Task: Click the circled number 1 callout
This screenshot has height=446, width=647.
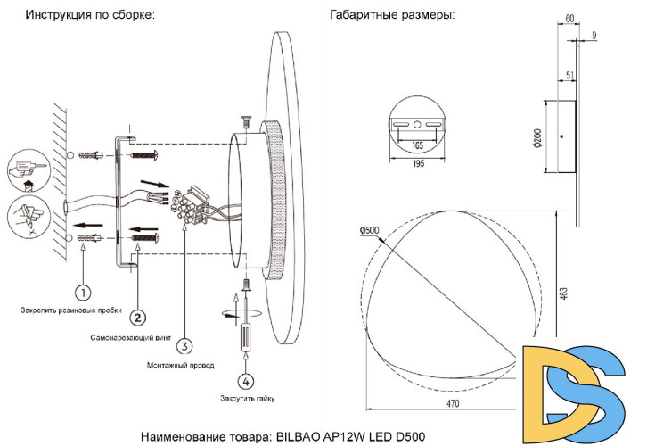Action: point(82,292)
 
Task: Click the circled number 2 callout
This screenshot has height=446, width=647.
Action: point(137,317)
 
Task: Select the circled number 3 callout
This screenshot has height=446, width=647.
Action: point(183,345)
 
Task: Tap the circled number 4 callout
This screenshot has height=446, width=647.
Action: point(247,380)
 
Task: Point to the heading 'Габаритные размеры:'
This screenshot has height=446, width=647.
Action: point(391,15)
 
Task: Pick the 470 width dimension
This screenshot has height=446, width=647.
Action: point(453,404)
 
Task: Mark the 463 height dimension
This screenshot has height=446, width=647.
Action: point(564,293)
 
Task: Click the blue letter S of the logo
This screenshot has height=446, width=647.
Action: point(608,392)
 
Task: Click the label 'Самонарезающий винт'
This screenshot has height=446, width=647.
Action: point(131,339)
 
